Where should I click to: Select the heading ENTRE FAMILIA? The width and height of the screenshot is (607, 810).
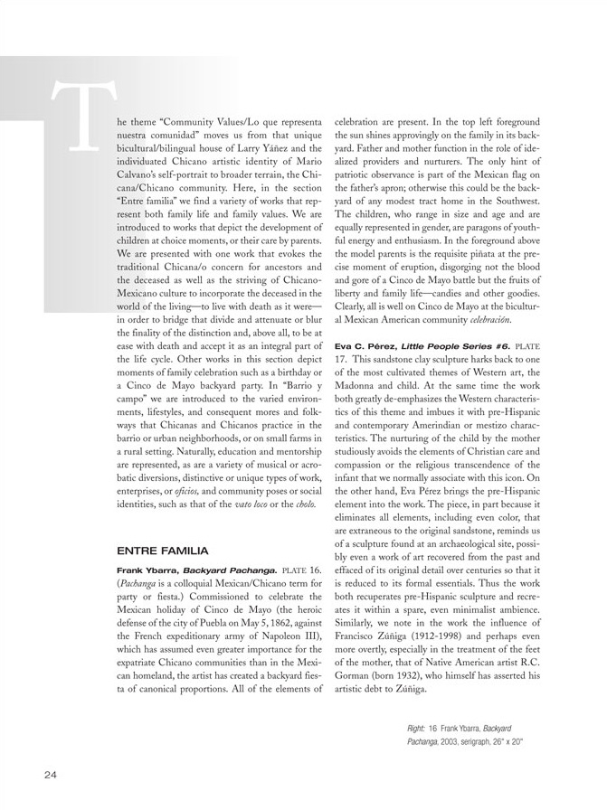tap(163, 550)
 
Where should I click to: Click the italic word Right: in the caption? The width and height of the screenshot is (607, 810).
tap(416, 727)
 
